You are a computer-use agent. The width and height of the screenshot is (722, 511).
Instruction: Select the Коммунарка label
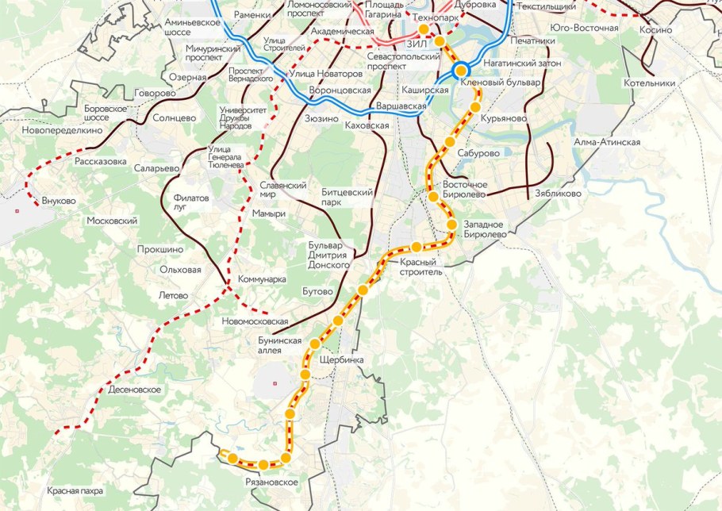pyautogui.click(x=262, y=279)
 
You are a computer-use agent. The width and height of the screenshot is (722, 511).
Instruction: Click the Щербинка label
pyautogui.click(x=340, y=359)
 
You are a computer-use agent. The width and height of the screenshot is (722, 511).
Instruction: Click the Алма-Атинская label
pyautogui.click(x=607, y=142)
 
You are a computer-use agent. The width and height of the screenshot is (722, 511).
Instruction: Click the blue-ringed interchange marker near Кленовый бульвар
pyautogui.click(x=460, y=71)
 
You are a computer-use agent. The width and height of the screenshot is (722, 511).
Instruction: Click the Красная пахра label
pyautogui.click(x=75, y=491)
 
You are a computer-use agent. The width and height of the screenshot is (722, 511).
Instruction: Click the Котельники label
pyautogui.click(x=649, y=83)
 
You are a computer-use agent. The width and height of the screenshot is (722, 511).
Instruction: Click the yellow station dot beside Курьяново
pyautogui.click(x=477, y=106)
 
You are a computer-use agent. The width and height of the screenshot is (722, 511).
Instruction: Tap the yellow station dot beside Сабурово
pyautogui.click(x=450, y=142)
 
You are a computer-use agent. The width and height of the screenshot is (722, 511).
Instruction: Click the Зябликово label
pyautogui.click(x=558, y=193)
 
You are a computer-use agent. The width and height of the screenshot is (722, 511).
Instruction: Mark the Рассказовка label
pyautogui.click(x=101, y=161)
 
